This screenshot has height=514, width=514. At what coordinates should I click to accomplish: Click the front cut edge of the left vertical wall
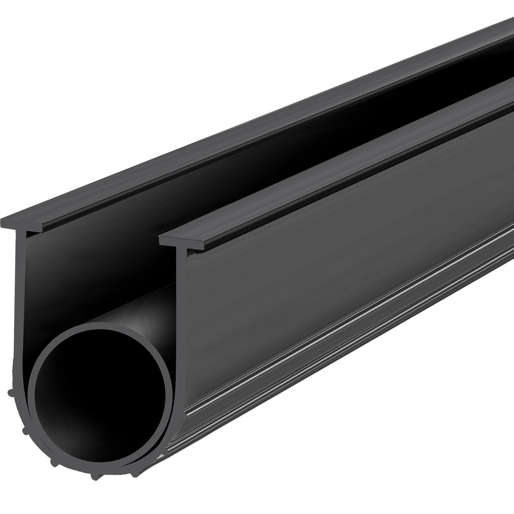[16, 302]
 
